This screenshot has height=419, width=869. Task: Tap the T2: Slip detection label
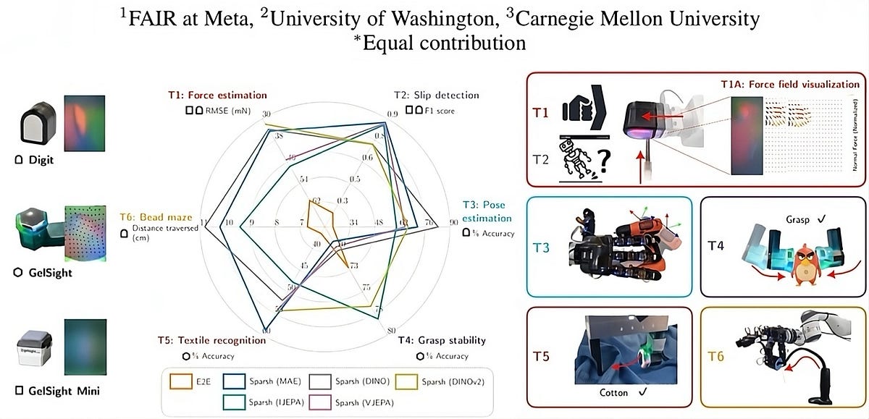[x=436, y=95]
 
